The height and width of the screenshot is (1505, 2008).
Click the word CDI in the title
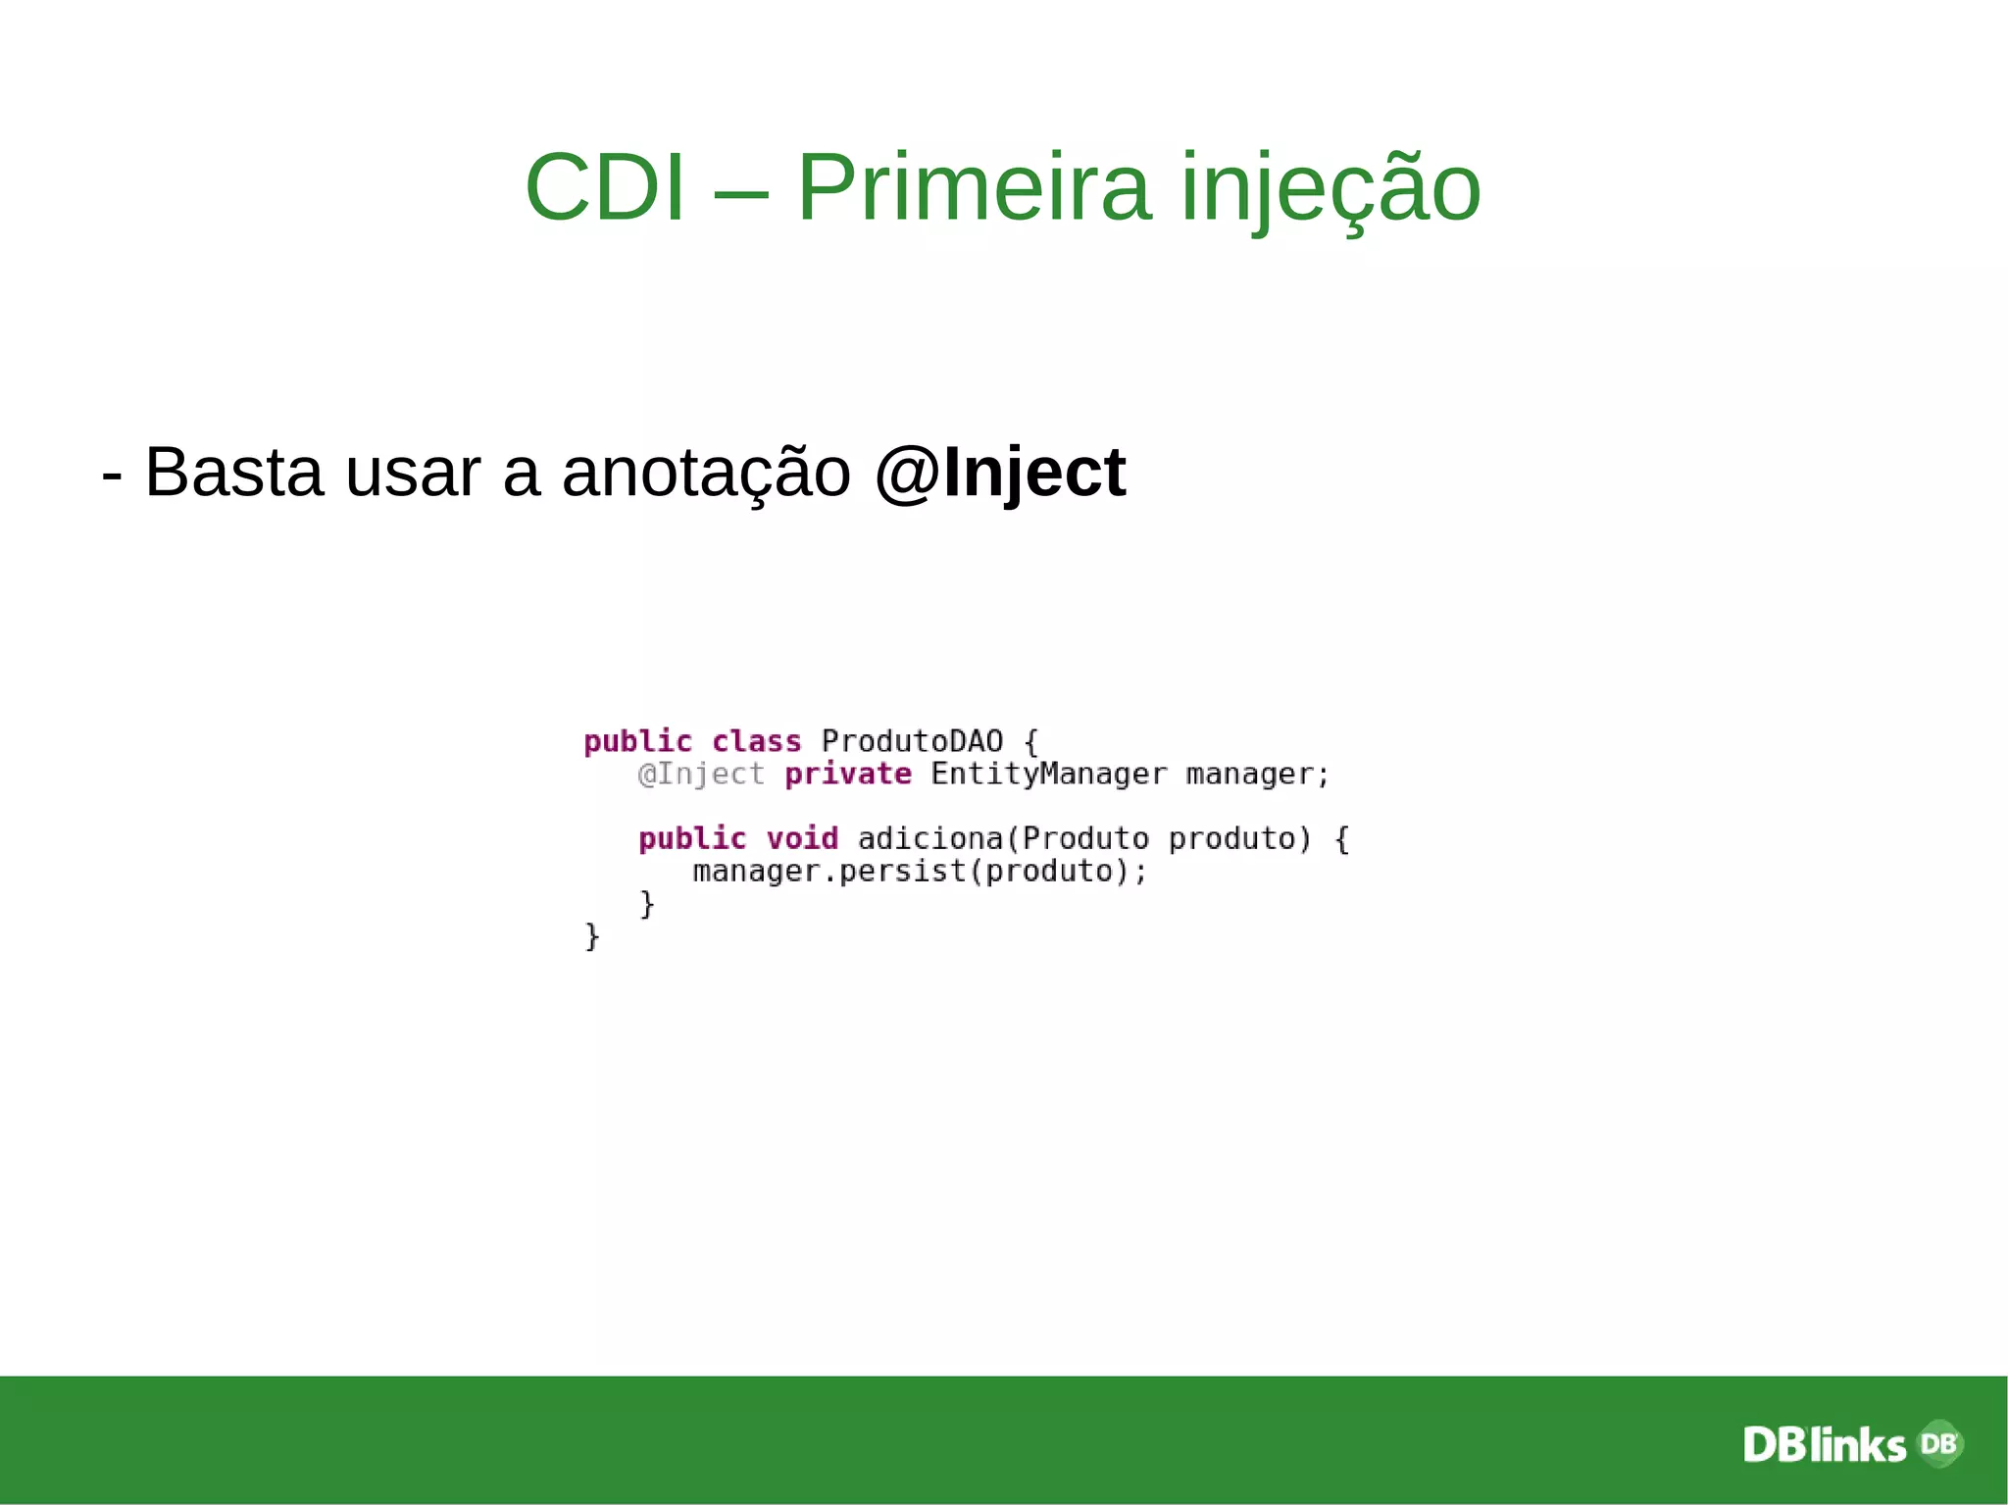[604, 187]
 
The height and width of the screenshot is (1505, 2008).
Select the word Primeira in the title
[973, 187]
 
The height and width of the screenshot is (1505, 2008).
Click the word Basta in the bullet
[234, 473]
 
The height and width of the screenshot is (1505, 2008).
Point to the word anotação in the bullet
[706, 473]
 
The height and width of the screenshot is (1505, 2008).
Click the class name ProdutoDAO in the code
[912, 741]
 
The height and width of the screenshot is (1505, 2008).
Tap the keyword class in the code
[756, 741]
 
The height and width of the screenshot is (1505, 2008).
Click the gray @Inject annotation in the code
[700, 775]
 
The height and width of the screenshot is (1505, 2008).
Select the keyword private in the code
[848, 775]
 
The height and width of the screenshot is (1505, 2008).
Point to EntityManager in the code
[1049, 775]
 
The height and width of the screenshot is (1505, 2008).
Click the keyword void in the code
[802, 839]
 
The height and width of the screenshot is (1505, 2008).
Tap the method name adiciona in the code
[930, 839]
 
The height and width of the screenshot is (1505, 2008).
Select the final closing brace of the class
[592, 936]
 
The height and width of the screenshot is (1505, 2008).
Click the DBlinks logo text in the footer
[1824, 1445]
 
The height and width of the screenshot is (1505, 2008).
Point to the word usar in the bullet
[413, 473]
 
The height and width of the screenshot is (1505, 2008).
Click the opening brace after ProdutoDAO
[1030, 742]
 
